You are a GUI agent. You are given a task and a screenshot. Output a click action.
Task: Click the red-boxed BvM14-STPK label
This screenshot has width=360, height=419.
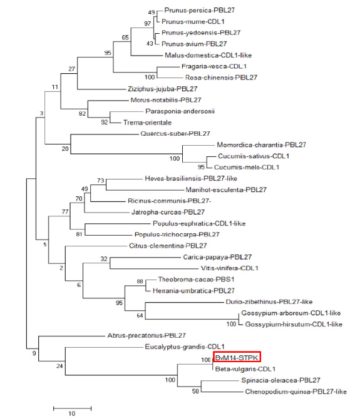click(237, 358)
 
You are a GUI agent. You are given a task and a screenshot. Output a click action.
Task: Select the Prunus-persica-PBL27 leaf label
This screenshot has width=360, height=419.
click(199, 10)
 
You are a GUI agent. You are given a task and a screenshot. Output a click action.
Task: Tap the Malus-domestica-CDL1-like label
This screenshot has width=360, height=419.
click(208, 55)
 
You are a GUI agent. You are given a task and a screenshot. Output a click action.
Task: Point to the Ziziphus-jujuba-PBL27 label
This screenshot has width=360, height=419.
click(163, 89)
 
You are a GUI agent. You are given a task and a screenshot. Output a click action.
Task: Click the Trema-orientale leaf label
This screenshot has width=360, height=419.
click(147, 123)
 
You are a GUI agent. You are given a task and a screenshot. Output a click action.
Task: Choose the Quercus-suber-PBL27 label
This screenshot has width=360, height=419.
click(175, 134)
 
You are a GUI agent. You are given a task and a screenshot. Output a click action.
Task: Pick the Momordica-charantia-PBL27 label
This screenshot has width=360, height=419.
click(261, 145)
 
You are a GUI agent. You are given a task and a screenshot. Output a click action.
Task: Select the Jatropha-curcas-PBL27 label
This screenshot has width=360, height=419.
click(168, 212)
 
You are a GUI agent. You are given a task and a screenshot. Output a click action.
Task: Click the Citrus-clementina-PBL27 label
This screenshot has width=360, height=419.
click(168, 246)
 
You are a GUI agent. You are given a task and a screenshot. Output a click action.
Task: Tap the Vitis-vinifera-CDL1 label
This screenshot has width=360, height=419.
click(230, 268)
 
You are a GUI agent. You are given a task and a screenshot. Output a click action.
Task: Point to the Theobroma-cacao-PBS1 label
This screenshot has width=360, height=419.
click(196, 280)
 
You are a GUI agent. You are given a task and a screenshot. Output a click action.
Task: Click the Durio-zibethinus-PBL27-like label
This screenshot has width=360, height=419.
click(269, 301)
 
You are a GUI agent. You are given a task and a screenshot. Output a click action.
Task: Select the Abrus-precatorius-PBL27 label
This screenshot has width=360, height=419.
click(147, 335)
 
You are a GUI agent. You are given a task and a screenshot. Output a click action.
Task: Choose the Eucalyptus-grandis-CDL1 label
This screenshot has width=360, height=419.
click(185, 347)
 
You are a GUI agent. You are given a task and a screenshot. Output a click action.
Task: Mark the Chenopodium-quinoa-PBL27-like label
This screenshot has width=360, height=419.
click(296, 391)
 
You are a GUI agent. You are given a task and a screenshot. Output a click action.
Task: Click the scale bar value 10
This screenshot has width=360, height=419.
click(72, 413)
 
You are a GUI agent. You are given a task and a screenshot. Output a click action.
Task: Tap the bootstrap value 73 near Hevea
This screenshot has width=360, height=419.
click(101, 180)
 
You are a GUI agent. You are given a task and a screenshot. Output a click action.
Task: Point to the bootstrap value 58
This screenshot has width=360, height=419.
click(195, 391)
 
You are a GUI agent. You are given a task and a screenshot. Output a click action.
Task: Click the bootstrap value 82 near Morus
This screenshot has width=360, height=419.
click(82, 114)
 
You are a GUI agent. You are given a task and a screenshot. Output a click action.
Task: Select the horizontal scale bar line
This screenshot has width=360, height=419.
click(72, 408)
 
